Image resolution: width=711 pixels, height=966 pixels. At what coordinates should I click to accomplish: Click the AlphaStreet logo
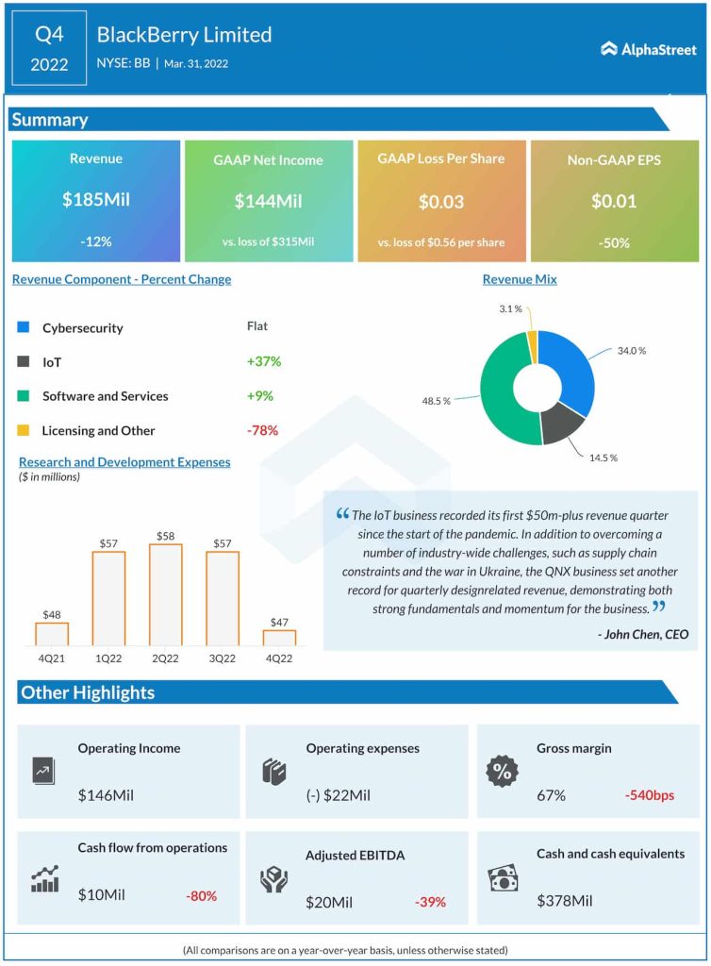click(x=649, y=48)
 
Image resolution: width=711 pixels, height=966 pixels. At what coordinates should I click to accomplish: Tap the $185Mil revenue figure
click(x=95, y=201)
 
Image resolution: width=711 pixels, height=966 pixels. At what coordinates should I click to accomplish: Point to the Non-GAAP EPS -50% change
click(x=613, y=241)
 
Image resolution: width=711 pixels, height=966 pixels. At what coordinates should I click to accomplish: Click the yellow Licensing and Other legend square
click(x=24, y=430)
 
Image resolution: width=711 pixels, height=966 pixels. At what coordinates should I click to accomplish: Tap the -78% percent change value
click(x=262, y=430)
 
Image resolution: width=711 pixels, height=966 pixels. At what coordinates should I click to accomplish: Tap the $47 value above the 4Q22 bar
click(x=279, y=621)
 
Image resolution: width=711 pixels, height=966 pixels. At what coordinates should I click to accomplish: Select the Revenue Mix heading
click(x=520, y=279)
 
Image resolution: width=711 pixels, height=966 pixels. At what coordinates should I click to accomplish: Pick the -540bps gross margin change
click(x=649, y=795)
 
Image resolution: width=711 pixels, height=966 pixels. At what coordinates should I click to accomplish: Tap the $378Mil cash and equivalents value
click(x=565, y=901)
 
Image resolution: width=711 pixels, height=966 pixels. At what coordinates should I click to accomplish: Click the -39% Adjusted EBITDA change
click(x=430, y=902)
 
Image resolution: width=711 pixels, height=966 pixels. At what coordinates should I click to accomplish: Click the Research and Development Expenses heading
click(x=124, y=461)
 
